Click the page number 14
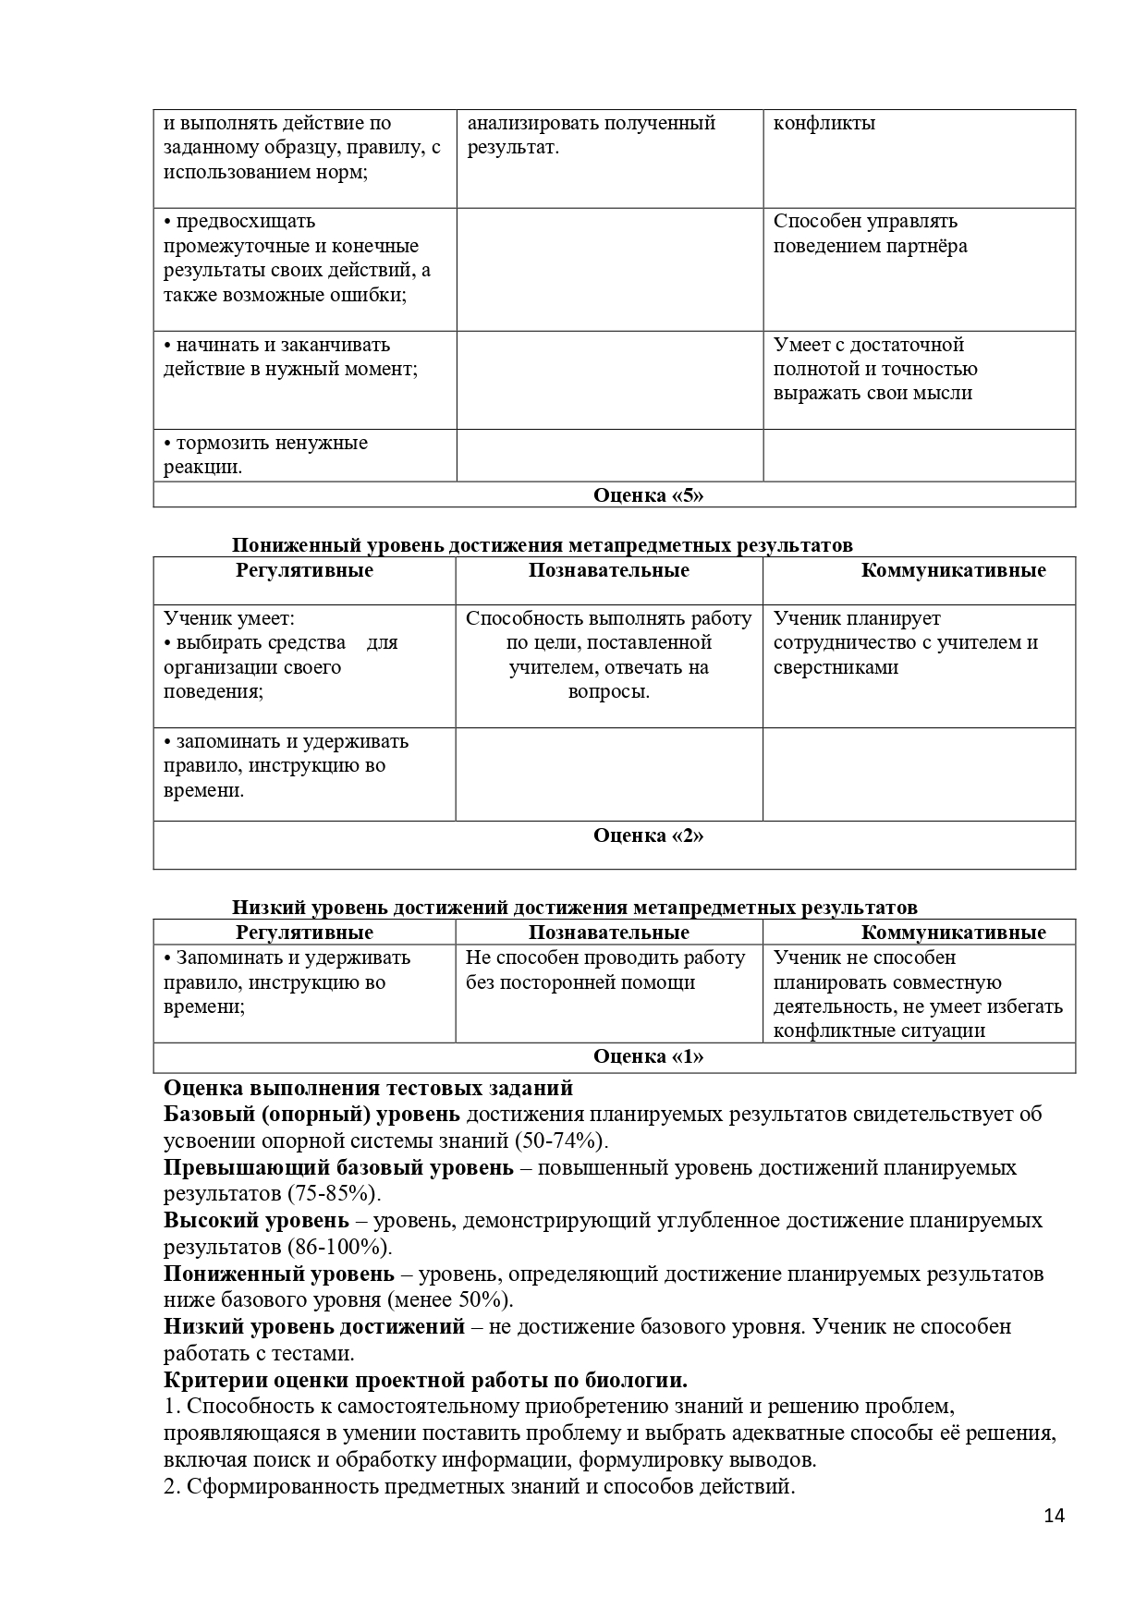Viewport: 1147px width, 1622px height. (1054, 1541)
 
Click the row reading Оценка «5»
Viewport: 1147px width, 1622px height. (648, 495)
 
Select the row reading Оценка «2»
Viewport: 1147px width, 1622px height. (648, 835)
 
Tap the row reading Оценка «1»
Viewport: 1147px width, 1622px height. (648, 1056)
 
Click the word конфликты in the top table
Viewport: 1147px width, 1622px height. (824, 123)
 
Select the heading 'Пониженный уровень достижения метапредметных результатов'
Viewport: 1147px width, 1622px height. (542, 545)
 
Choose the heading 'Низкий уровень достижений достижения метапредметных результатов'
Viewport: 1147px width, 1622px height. (574, 908)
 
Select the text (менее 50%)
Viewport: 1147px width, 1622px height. (457, 1299)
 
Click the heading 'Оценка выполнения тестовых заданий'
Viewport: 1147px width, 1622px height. (368, 1088)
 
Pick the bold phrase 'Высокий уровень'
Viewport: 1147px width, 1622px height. (257, 1220)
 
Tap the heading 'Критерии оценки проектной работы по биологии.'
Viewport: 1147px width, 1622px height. (426, 1380)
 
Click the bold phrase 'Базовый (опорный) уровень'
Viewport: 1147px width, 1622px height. (311, 1114)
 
